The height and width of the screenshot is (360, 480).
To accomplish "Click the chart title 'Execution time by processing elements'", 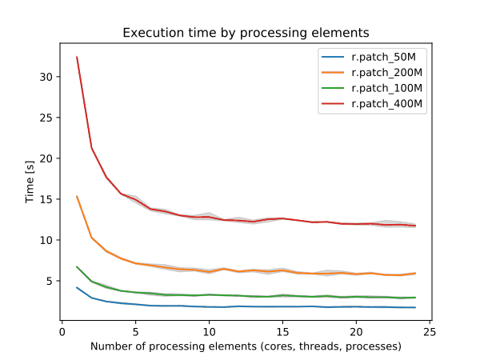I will point(246,34).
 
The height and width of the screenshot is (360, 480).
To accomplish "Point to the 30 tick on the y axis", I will point(48,77).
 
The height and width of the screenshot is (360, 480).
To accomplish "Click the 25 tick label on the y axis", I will point(48,118).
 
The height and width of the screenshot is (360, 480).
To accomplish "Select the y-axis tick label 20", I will point(48,158).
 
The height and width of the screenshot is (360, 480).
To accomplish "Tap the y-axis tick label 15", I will point(48,199).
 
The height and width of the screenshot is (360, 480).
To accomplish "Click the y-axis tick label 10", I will point(48,240).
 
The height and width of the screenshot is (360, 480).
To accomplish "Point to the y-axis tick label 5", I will point(50,281).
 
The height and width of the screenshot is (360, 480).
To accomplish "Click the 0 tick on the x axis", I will point(62,332).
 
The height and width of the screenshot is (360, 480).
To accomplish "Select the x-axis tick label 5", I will point(135,332).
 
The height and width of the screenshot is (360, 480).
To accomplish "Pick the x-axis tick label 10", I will point(209,332).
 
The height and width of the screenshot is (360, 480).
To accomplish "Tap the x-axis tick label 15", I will point(282,332).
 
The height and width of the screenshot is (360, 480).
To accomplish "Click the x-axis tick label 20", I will point(356,332).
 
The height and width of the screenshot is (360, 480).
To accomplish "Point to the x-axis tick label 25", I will point(430,332).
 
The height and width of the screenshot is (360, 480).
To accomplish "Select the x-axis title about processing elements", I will point(246,346).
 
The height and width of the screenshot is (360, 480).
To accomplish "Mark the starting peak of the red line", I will point(77,57).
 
